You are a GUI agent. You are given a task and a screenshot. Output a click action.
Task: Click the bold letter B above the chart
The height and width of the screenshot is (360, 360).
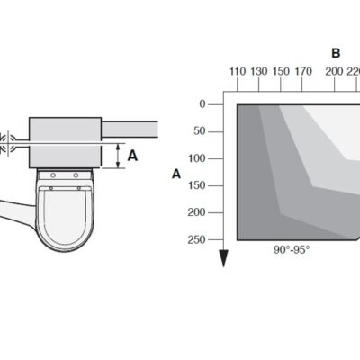coord(336,53)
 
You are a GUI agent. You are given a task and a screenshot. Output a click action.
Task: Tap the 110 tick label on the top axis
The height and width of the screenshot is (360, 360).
coord(238,72)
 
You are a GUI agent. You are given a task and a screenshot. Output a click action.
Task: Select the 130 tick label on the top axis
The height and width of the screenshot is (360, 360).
coord(259,72)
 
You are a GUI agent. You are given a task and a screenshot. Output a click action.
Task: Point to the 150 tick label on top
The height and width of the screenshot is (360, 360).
coord(281,72)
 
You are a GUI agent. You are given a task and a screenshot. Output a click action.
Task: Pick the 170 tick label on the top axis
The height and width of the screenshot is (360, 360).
coord(303,72)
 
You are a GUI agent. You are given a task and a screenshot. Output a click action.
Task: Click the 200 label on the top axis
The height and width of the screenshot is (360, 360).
coord(334,72)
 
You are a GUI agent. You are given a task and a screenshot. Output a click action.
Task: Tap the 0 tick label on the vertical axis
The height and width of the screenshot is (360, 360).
coord(202,104)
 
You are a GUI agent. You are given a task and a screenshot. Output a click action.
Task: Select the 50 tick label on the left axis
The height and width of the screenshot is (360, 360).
coord(200,131)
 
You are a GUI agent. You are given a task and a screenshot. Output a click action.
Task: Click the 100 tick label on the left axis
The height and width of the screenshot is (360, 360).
coord(197,158)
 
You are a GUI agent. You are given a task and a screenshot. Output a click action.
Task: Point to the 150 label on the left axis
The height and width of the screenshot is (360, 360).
coord(197,185)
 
